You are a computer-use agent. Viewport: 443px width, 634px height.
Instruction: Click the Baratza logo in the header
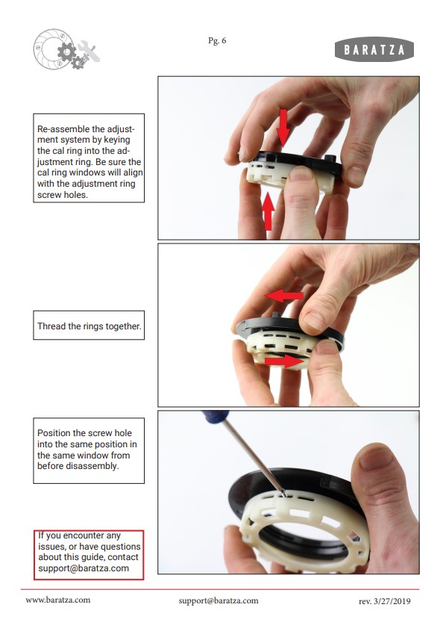click(x=374, y=49)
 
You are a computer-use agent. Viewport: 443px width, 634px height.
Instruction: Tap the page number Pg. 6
click(x=217, y=40)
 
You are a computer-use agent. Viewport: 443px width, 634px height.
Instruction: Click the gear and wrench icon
click(x=66, y=49)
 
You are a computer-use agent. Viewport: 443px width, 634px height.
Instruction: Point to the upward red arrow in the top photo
click(x=268, y=211)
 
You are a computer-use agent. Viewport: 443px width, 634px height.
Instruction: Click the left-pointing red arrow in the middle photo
click(x=284, y=296)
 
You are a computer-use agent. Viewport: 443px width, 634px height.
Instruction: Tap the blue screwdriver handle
click(x=216, y=416)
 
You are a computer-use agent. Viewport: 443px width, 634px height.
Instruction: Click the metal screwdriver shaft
click(x=254, y=456)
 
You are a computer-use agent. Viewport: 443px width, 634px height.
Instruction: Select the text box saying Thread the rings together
click(x=89, y=326)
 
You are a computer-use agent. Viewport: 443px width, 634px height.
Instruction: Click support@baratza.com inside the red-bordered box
click(x=84, y=568)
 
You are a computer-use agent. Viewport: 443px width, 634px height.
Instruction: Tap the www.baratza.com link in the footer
click(x=58, y=600)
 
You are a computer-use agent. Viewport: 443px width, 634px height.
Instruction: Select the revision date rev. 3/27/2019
click(x=384, y=601)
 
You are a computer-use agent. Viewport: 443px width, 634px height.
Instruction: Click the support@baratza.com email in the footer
click(x=219, y=601)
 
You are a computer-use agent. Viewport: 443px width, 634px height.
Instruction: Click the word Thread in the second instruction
click(x=51, y=326)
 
